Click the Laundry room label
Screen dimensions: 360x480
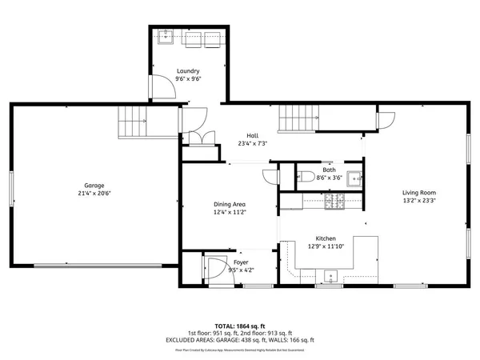click(x=189, y=71)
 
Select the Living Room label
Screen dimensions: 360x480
click(x=418, y=193)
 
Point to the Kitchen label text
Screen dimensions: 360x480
click(x=325, y=238)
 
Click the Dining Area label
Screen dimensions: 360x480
click(x=229, y=204)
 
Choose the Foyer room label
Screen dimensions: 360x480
click(x=241, y=262)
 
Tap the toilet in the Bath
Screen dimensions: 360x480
click(x=306, y=178)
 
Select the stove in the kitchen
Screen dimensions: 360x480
click(x=332, y=203)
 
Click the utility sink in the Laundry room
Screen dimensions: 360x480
click(x=169, y=37)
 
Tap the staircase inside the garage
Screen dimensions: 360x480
click(x=132, y=122)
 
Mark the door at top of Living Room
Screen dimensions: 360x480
click(x=385, y=120)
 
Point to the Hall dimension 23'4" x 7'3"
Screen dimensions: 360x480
click(x=253, y=144)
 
